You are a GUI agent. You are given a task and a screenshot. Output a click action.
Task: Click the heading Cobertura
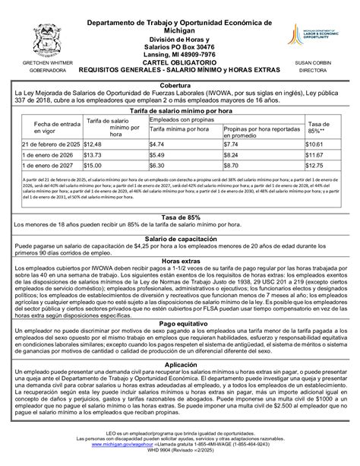[x=179, y=86]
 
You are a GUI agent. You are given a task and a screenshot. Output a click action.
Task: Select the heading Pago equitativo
[x=179, y=344]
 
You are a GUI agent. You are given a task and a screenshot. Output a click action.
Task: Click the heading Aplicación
[x=179, y=386]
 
